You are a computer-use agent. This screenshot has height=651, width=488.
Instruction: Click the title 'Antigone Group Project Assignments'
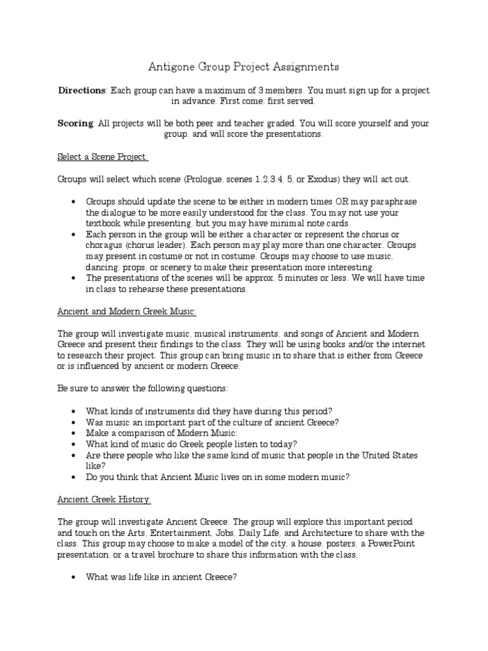pos(243,67)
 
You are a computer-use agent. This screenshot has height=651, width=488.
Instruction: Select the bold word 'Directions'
pos(82,90)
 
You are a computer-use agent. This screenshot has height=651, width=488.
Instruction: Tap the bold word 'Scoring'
pos(76,123)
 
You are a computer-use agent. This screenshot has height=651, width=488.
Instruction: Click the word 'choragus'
pos(105,245)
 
